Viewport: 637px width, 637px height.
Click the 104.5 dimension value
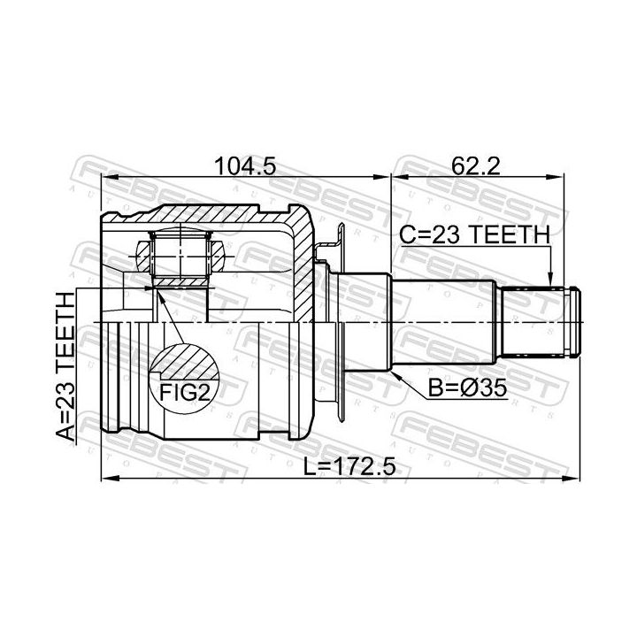point(245,165)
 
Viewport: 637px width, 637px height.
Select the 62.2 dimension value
point(476,165)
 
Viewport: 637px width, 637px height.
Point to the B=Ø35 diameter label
point(468,388)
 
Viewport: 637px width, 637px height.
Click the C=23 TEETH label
point(474,234)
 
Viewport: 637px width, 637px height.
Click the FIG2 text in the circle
point(185,392)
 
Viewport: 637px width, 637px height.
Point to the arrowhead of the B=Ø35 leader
point(395,373)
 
